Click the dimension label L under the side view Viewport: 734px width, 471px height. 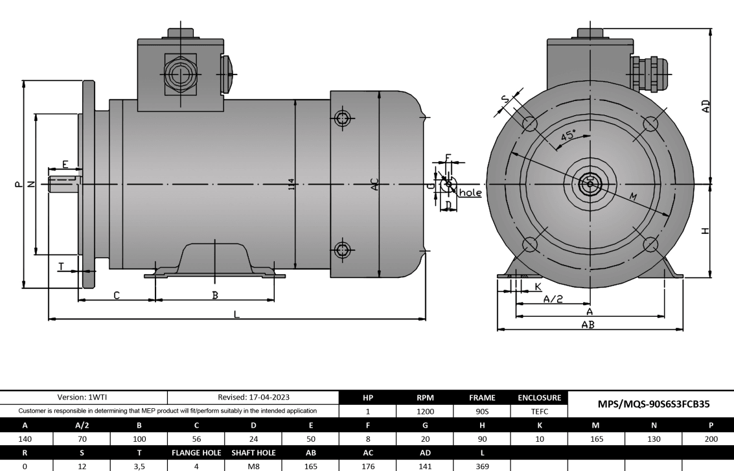tap(236, 314)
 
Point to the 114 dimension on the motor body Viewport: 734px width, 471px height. tap(292, 185)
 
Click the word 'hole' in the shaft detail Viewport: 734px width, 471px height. tap(470, 192)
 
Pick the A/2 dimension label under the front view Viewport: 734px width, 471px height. tap(552, 299)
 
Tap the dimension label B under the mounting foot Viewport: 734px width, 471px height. tap(215, 295)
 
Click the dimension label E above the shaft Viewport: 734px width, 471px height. tap(65, 163)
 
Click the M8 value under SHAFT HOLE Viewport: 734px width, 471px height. tap(253, 464)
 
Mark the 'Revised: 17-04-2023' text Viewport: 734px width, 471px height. tap(253, 398)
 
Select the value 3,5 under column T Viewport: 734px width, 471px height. tap(139, 464)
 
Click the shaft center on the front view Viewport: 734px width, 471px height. tap(590, 183)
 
